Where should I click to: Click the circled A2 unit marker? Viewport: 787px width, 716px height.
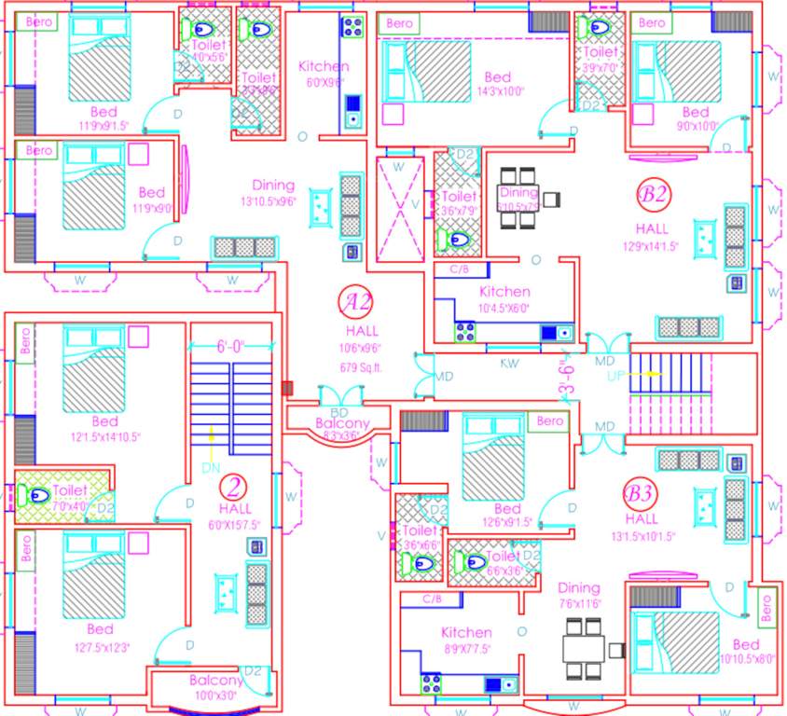click(358, 303)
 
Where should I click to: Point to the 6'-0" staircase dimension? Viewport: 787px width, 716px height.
click(230, 347)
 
